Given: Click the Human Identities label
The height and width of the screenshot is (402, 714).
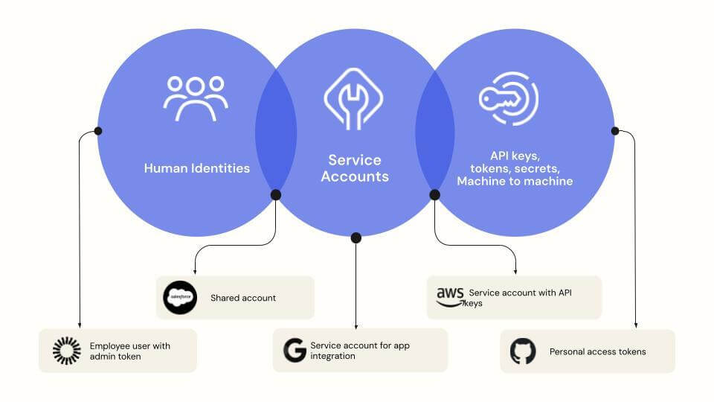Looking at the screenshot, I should [x=197, y=168].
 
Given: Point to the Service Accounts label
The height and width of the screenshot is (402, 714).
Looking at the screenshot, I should [x=355, y=168].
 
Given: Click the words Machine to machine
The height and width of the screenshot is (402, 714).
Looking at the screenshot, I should [x=515, y=181].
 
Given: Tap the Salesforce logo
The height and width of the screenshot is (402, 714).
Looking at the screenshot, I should [x=180, y=299].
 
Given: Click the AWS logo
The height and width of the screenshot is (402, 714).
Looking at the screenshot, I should [x=450, y=296].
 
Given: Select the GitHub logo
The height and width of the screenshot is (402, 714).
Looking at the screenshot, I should [x=523, y=351].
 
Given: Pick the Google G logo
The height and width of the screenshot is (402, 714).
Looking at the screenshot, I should [x=295, y=350].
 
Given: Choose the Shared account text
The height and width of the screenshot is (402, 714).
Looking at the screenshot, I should [x=243, y=298].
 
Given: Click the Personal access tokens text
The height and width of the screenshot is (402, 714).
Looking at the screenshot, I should [x=597, y=351].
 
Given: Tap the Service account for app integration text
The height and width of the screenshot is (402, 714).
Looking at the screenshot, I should [x=360, y=351].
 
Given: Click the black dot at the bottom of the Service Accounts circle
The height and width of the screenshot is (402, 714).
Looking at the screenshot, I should [x=356, y=237].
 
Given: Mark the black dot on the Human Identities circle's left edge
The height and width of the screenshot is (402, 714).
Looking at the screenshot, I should [x=98, y=131].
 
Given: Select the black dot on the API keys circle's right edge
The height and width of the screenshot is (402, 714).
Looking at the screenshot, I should [x=615, y=131].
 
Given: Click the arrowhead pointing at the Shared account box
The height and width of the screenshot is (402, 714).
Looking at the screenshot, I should [x=195, y=272].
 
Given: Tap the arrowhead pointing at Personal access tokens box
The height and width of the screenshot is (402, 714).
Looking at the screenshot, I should [x=636, y=325].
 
